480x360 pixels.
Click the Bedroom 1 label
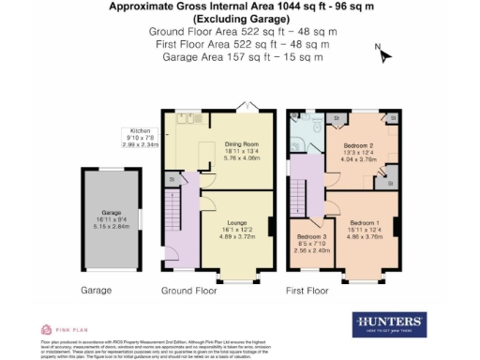coord(364,231)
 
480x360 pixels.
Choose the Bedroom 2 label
coord(358,153)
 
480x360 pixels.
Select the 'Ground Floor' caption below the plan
coord(189,291)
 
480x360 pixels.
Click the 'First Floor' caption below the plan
coord(309,291)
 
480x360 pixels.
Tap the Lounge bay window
coord(236,279)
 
